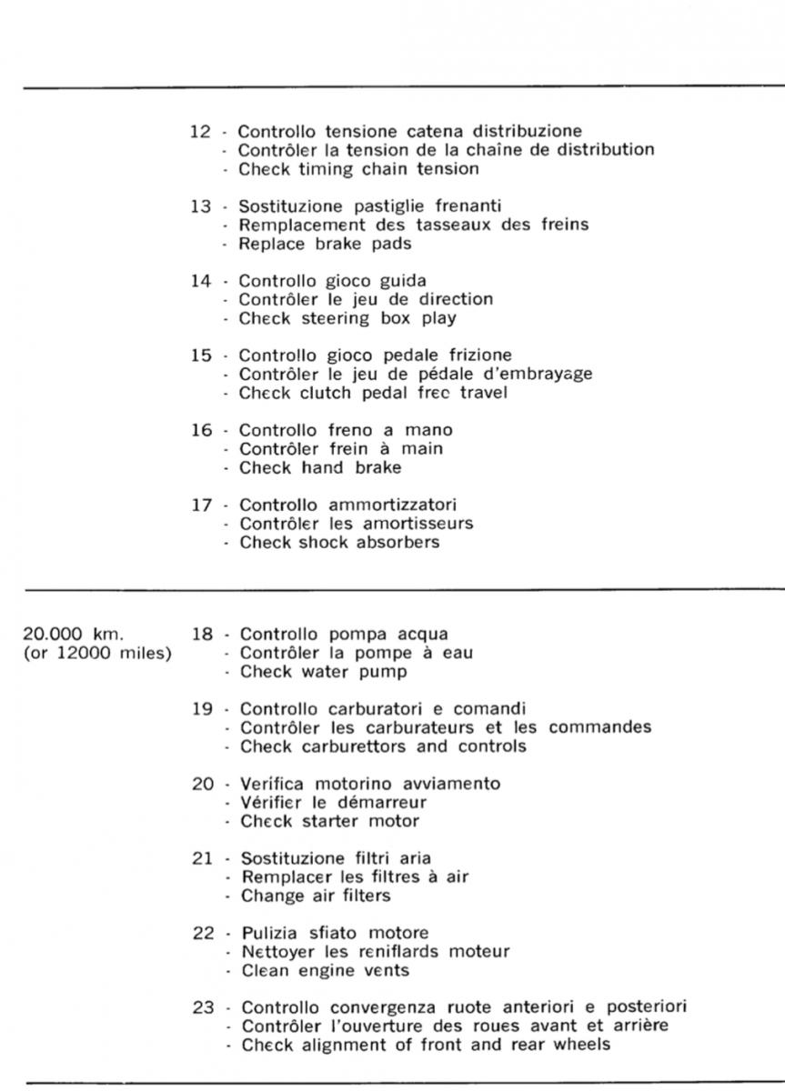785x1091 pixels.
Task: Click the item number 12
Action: pyautogui.click(x=201, y=131)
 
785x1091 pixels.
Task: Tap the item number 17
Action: pyautogui.click(x=201, y=505)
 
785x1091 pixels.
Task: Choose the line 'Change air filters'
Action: pyautogui.click(x=315, y=896)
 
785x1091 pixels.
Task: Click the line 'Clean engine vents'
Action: pyautogui.click(x=325, y=970)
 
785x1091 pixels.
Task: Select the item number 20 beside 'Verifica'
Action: pyautogui.click(x=202, y=783)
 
